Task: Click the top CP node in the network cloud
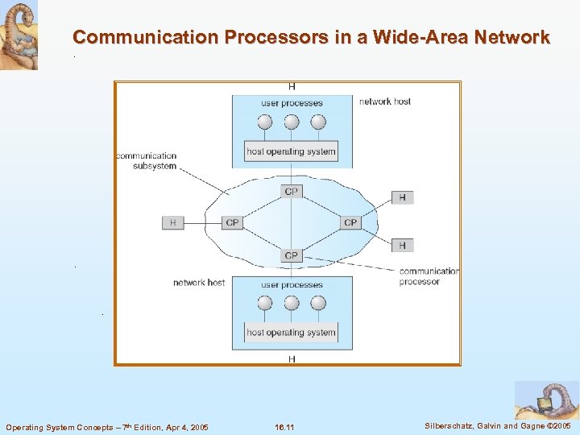point(291,192)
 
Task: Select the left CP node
point(232,222)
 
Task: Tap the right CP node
point(350,222)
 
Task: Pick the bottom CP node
point(291,255)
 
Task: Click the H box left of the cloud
point(172,222)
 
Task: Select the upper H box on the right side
point(402,197)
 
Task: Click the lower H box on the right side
point(402,245)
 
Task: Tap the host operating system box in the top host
point(291,151)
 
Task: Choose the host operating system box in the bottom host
point(291,332)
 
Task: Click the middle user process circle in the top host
point(292,122)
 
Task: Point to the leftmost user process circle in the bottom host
point(263,304)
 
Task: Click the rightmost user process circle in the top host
point(318,122)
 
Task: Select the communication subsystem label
point(146,160)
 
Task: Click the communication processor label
point(429,276)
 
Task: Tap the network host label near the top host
point(385,101)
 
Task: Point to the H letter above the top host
point(291,87)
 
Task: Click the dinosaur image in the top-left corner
point(19,35)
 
